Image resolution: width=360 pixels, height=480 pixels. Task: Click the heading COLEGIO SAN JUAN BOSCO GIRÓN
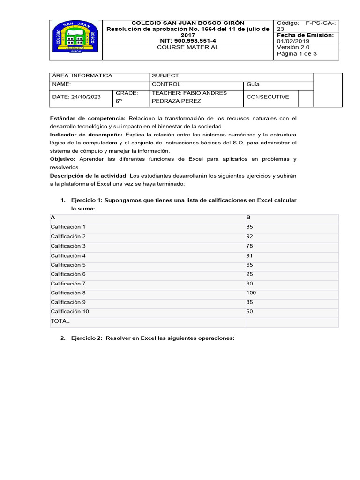pyautogui.click(x=188, y=22)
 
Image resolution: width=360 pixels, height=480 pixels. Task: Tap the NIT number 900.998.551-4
pyautogui.click(x=188, y=41)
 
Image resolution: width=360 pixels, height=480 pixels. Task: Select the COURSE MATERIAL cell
pyautogui.click(x=187, y=47)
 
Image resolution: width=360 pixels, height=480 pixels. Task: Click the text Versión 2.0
pyautogui.click(x=294, y=47)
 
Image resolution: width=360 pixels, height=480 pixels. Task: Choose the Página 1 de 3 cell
pyautogui.click(x=297, y=54)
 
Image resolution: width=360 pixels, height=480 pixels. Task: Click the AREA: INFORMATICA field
pyautogui.click(x=82, y=76)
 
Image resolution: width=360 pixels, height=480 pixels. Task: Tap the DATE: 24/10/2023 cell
pyautogui.click(x=76, y=97)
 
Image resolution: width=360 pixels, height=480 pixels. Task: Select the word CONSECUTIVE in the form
pyautogui.click(x=268, y=97)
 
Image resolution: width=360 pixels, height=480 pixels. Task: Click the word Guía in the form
pyautogui.click(x=253, y=84)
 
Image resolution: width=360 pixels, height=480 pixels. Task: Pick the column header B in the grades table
pyautogui.click(x=248, y=217)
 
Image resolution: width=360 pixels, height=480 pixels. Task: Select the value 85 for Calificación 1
pyautogui.click(x=249, y=227)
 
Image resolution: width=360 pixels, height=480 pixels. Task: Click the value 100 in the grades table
pyautogui.click(x=251, y=293)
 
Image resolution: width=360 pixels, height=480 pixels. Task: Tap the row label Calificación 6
pyautogui.click(x=68, y=274)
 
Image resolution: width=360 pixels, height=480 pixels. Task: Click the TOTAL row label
pyautogui.click(x=60, y=321)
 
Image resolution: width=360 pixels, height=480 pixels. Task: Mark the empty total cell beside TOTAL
pyautogui.click(x=291, y=322)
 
